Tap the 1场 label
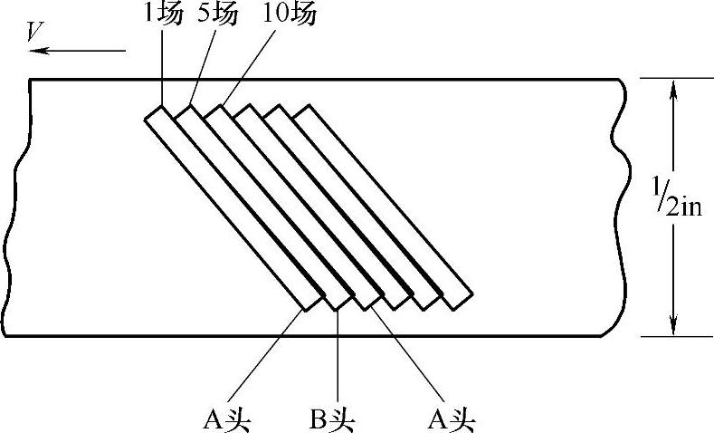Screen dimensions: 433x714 [x=163, y=15]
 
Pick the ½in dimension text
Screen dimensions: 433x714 [x=686, y=207]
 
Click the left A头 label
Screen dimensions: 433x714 [x=226, y=419]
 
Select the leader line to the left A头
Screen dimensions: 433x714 [x=271, y=354]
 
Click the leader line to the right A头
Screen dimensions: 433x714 [x=407, y=354]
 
